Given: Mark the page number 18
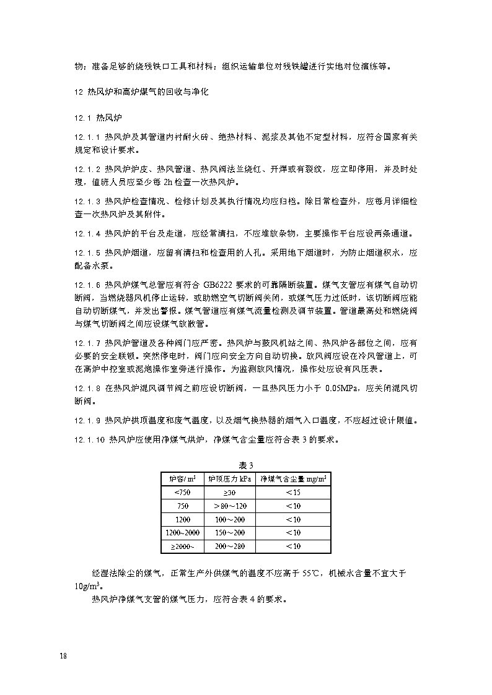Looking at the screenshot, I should tap(63, 656).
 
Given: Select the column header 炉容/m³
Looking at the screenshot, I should tap(183, 479).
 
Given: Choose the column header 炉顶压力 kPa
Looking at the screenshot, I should tap(229, 479).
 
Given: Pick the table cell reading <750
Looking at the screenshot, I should tap(183, 493).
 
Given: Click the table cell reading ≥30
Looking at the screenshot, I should tap(229, 493).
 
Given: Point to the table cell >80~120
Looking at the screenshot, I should tap(229, 506).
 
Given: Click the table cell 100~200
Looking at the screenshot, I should tap(229, 519).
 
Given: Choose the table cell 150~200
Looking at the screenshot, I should tap(229, 533).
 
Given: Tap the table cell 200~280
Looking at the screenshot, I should tap(229, 546).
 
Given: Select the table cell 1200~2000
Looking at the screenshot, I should tap(183, 533).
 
